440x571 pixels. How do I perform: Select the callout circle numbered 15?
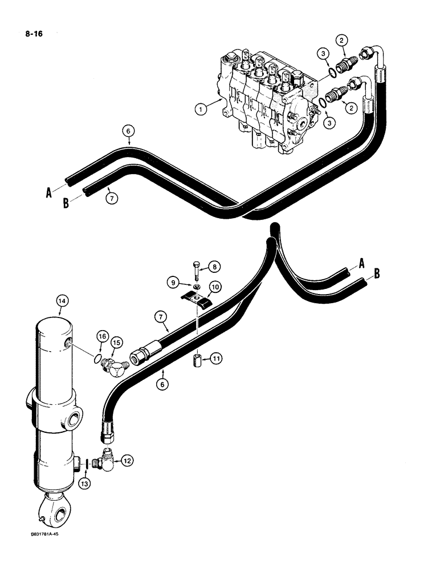[116, 342]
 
